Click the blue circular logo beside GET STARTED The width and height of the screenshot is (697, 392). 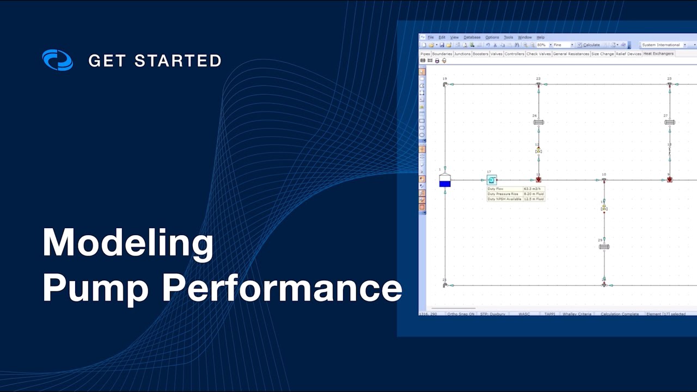57,60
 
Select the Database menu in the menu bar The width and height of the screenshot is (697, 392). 472,38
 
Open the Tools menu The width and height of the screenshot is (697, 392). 508,38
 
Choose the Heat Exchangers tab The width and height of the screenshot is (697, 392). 658,54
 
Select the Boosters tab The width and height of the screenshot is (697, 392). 480,54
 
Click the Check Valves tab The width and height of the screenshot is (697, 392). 539,54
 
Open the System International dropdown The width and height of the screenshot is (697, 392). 663,45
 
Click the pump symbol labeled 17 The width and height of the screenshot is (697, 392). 491,180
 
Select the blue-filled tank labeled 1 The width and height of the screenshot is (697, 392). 445,181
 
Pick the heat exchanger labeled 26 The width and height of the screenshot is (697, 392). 539,122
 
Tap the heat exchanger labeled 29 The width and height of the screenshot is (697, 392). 604,247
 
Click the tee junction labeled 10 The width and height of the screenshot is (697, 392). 604,180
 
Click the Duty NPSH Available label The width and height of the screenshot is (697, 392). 505,199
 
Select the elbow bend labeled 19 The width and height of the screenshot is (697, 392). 445,84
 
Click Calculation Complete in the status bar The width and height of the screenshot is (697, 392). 620,314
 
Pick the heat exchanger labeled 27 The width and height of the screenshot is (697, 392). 669,122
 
